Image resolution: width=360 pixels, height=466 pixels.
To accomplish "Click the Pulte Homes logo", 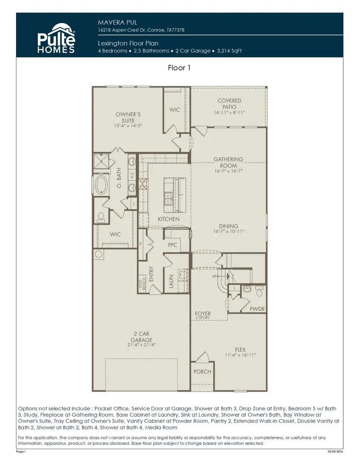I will click(x=56, y=40).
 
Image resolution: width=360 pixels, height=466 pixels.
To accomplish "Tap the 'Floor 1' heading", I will click(x=179, y=68).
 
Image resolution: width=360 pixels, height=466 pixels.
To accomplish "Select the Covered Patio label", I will click(x=229, y=104).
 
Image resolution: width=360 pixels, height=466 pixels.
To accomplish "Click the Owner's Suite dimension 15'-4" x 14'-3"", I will click(x=128, y=126).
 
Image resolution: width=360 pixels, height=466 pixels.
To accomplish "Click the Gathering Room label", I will click(x=228, y=162).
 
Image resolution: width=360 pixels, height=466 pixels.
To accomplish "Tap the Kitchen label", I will click(x=168, y=219).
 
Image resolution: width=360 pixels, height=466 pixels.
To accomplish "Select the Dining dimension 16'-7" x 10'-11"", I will click(x=228, y=231).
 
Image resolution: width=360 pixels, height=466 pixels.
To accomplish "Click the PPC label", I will click(x=172, y=245).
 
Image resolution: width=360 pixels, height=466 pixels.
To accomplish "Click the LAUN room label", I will click(x=171, y=281).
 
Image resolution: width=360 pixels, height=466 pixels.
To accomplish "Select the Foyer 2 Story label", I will click(x=202, y=315).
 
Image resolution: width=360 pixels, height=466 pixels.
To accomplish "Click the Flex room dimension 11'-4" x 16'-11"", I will click(x=240, y=355).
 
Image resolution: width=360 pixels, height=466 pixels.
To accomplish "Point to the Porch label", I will click(x=202, y=372).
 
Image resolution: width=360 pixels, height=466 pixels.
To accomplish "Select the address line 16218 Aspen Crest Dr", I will click(x=141, y=30).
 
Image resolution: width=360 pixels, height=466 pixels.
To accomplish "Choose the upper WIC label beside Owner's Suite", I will click(x=175, y=110).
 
